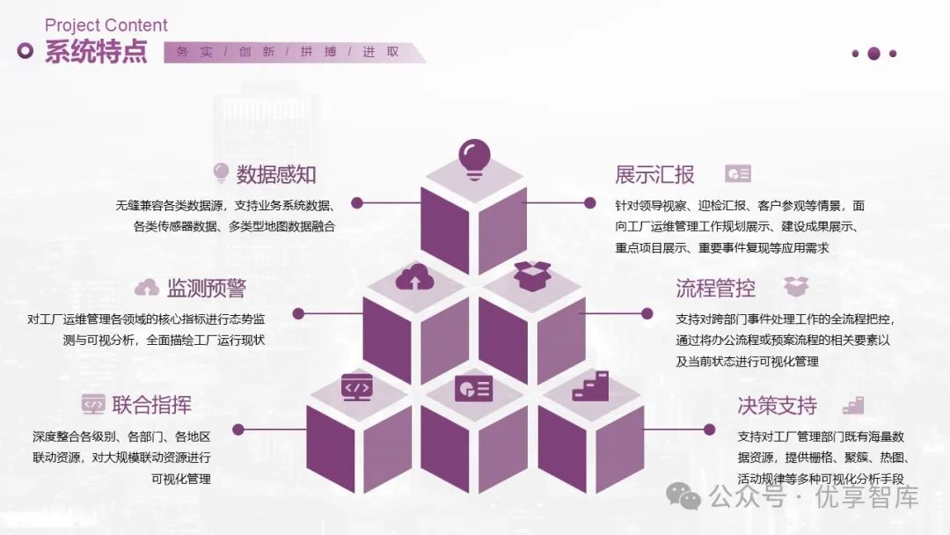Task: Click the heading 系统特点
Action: tap(97, 52)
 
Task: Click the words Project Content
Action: tap(106, 26)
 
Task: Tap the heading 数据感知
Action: tap(276, 174)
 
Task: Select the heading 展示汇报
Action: tap(654, 174)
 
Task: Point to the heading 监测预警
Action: tap(206, 288)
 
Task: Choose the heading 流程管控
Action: tap(715, 288)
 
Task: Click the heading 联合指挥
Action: tap(151, 405)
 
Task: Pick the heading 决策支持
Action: tap(777, 406)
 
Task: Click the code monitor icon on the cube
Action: tap(355, 387)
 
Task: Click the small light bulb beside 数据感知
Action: tap(220, 172)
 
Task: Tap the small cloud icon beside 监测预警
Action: tap(146, 288)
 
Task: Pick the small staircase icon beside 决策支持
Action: tap(851, 405)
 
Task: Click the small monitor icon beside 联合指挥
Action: tap(92, 405)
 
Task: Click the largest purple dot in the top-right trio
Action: tap(873, 54)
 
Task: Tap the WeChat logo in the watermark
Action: tap(683, 498)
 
